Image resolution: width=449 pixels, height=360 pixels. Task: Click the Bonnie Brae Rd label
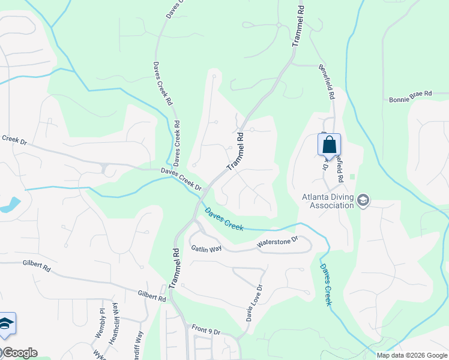click(x=411, y=94)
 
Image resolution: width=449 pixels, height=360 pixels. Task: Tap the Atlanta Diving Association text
click(x=328, y=201)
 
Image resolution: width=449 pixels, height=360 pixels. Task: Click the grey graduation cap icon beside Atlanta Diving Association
click(x=363, y=200)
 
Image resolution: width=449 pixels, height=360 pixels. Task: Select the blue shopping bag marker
click(x=329, y=145)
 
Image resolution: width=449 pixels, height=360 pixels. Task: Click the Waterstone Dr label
click(x=277, y=242)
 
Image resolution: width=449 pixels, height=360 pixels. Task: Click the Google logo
click(x=20, y=353)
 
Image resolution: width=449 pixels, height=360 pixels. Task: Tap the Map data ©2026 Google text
click(x=412, y=355)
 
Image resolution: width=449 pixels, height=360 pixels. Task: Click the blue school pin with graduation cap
click(x=6, y=323)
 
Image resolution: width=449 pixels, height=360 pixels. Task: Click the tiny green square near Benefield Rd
click(x=352, y=176)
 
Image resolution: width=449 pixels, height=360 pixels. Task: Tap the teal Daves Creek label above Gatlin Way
click(x=224, y=219)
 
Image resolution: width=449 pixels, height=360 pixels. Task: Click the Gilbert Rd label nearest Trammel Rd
click(x=151, y=296)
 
